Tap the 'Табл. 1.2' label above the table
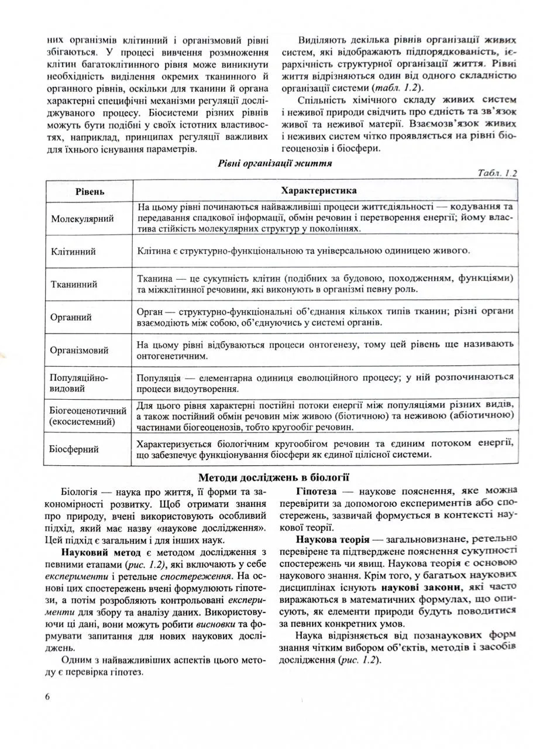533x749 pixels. (497, 173)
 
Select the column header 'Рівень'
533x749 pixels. (90, 191)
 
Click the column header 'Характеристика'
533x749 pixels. (319, 191)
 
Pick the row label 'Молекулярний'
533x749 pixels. (82, 218)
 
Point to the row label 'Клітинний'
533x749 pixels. (74, 252)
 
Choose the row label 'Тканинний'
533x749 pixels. (74, 284)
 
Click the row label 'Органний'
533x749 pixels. (72, 318)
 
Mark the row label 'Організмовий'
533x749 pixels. (80, 351)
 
